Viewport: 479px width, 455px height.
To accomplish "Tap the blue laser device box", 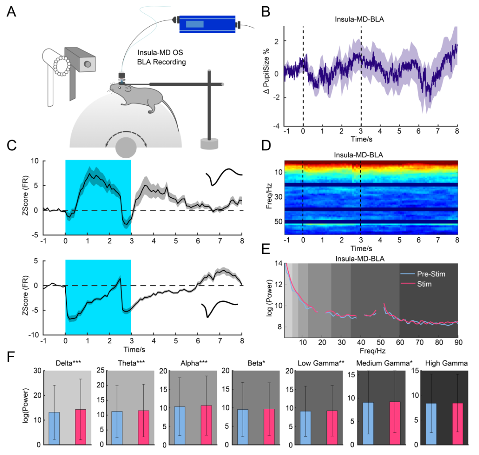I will click(x=207, y=24).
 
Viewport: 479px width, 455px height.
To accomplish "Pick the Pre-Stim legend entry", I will click(x=428, y=274).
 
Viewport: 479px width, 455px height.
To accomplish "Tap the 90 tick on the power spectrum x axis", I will click(x=458, y=343).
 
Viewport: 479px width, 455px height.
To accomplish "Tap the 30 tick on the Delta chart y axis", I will click(x=38, y=371).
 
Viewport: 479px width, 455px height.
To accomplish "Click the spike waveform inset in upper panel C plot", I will click(x=226, y=176).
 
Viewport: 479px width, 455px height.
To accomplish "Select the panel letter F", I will click(x=12, y=358).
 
